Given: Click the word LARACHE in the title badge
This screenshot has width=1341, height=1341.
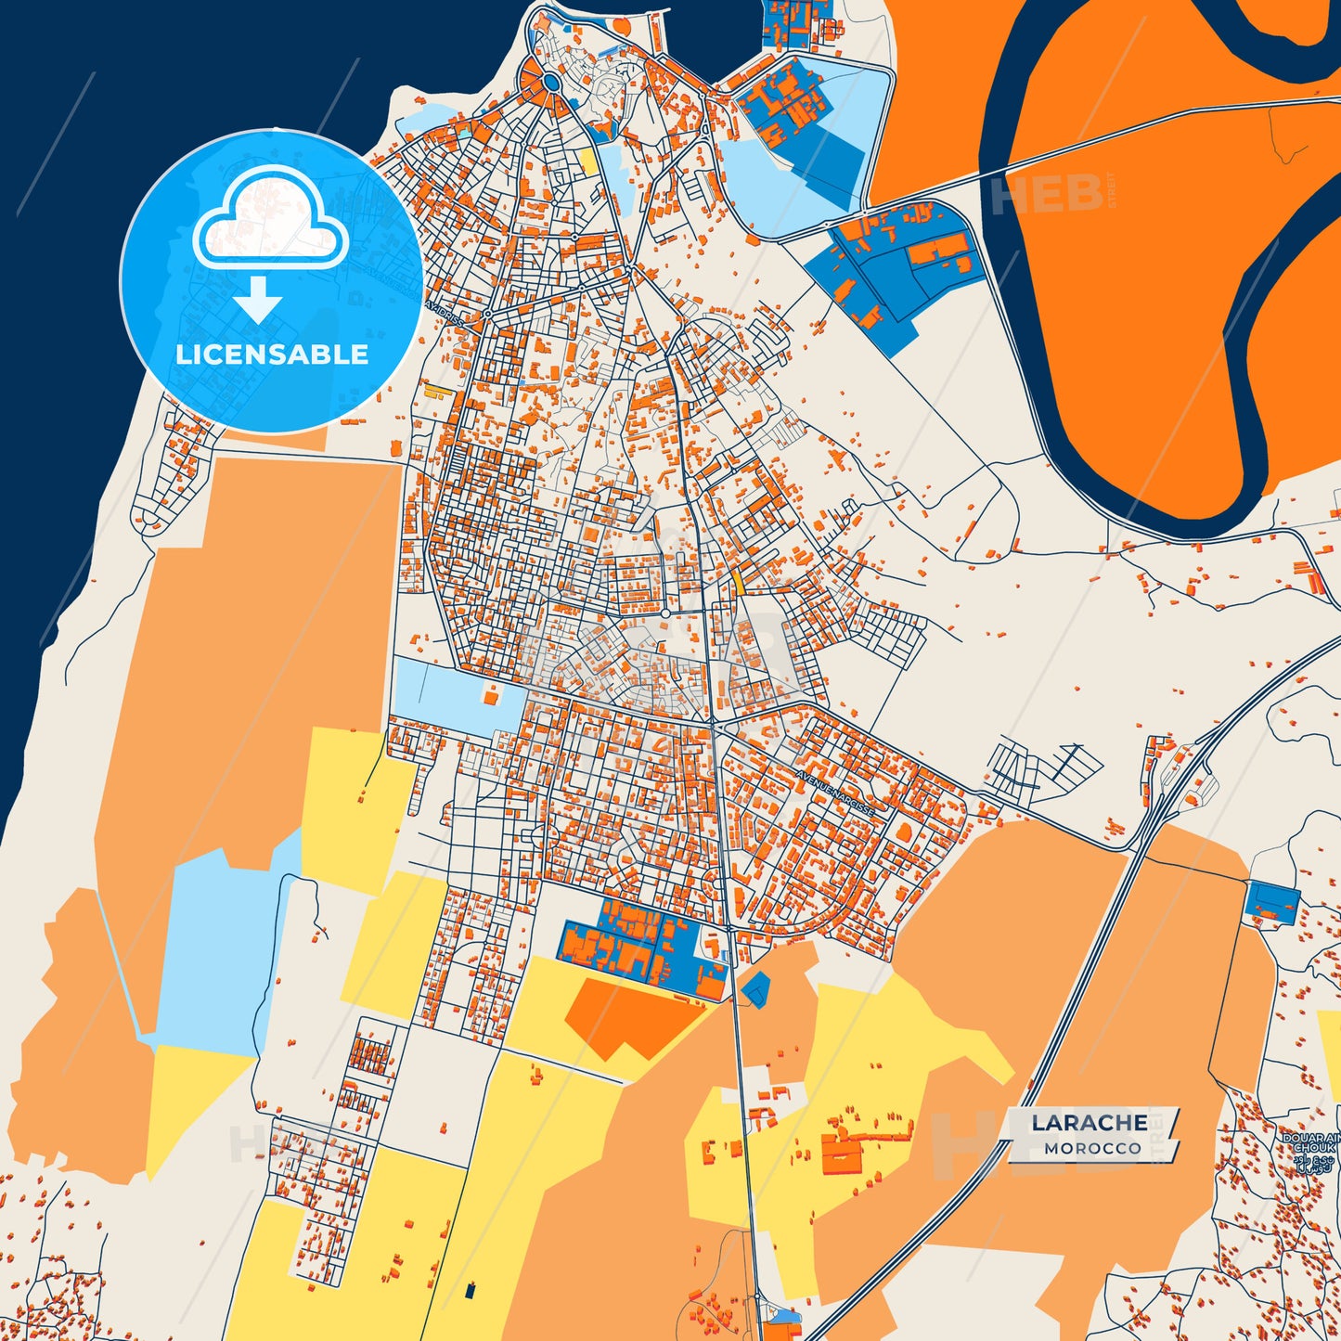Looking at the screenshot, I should point(1089,1123).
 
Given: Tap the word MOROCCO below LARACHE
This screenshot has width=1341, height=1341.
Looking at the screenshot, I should point(1092,1149).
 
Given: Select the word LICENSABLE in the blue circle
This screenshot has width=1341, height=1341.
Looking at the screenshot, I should point(272,355).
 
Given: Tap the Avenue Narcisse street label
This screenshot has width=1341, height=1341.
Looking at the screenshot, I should point(835,793).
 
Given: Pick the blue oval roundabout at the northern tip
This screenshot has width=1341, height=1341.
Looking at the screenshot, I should point(552,83).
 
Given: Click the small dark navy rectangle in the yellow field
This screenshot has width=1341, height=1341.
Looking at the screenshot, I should point(471,1290).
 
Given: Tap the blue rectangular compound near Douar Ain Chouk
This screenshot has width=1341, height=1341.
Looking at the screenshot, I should point(1272,902).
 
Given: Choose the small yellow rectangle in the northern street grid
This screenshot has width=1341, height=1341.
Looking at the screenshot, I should point(588,161).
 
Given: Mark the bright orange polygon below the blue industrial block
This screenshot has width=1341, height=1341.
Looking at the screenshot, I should point(631,1016).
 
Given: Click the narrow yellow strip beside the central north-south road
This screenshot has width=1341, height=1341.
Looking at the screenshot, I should point(739,581).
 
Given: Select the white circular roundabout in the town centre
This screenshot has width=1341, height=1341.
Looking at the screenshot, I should point(665,613).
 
